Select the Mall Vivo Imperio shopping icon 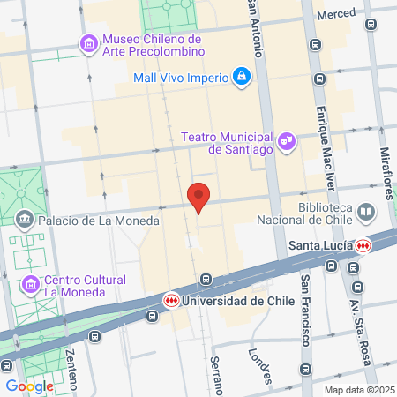coord(240,77)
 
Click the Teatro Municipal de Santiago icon coord(286,140)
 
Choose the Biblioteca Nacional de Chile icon coord(366,212)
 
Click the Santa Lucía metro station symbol coord(363,244)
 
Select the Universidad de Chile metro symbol coord(172,300)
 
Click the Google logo coord(29,386)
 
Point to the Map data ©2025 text coord(358,390)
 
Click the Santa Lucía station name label coord(321,244)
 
